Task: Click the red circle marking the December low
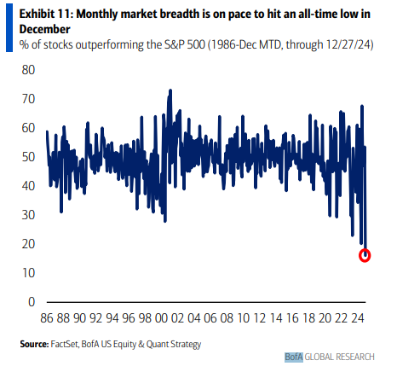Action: pyautogui.click(x=365, y=255)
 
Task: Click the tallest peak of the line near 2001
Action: pyautogui.click(x=170, y=90)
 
